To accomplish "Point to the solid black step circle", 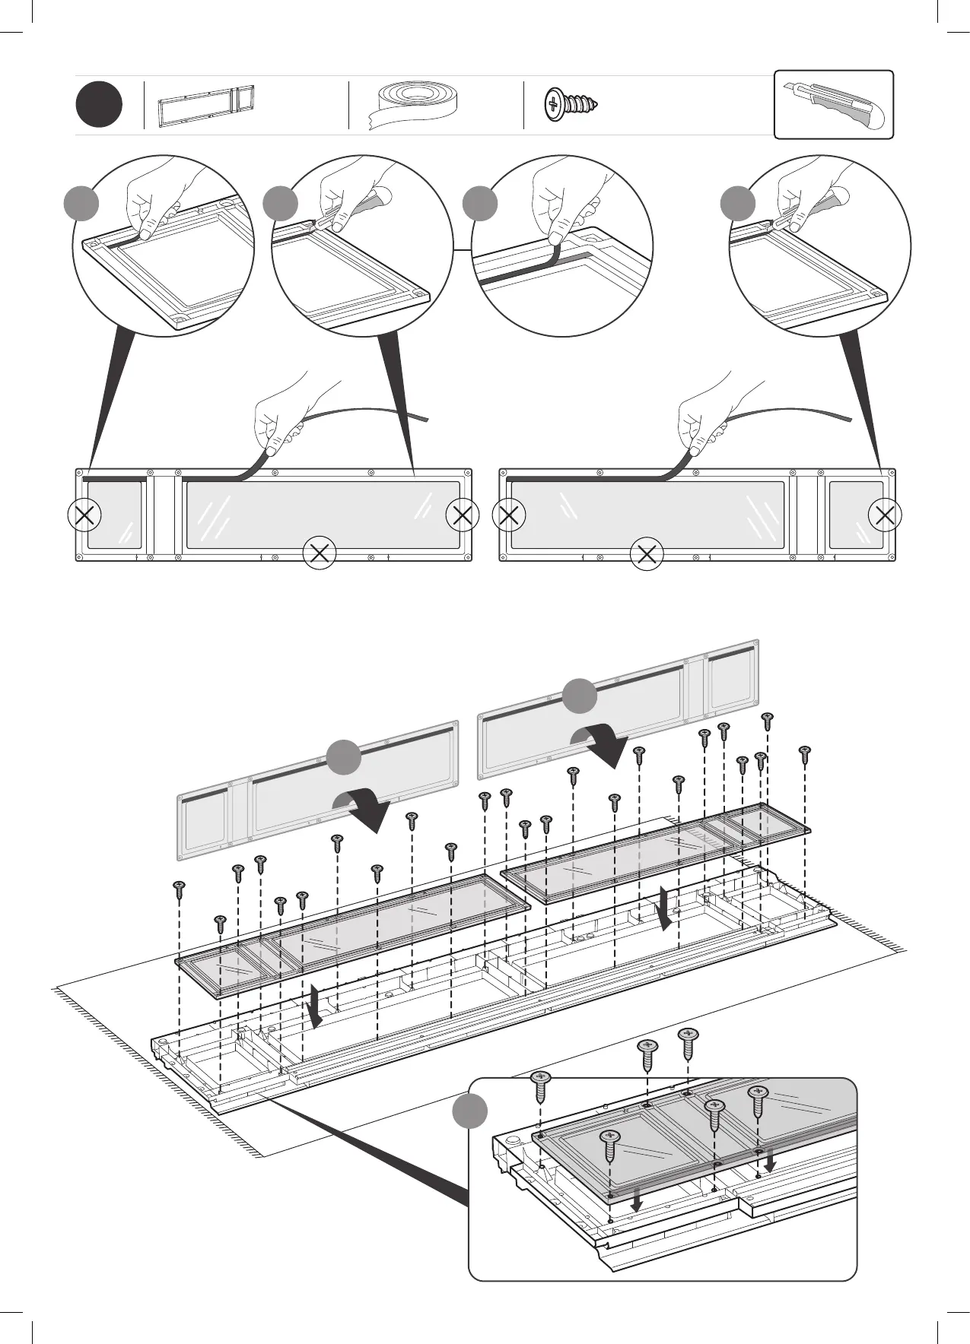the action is tap(99, 106).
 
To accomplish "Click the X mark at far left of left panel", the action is tap(84, 515).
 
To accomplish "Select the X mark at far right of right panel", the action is tap(885, 515).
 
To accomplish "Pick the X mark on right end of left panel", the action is tap(463, 515).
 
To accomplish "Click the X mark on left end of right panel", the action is tap(509, 515).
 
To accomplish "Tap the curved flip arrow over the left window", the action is tap(364, 807).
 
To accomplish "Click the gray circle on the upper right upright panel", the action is tap(580, 697).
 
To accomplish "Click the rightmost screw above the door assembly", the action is tap(805, 753).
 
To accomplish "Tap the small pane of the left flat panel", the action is tap(114, 514).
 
